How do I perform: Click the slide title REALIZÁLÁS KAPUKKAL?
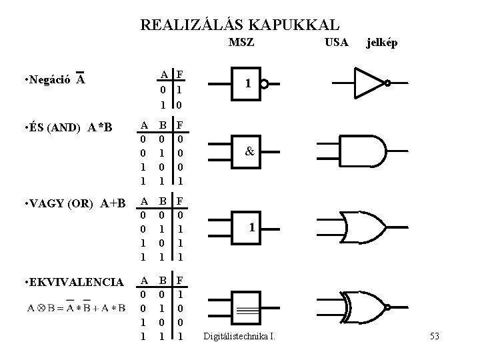tap(240, 25)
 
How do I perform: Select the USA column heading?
tap(335, 43)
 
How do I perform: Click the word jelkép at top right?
tap(382, 43)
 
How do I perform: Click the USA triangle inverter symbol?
tap(371, 83)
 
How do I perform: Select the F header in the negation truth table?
tap(180, 73)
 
